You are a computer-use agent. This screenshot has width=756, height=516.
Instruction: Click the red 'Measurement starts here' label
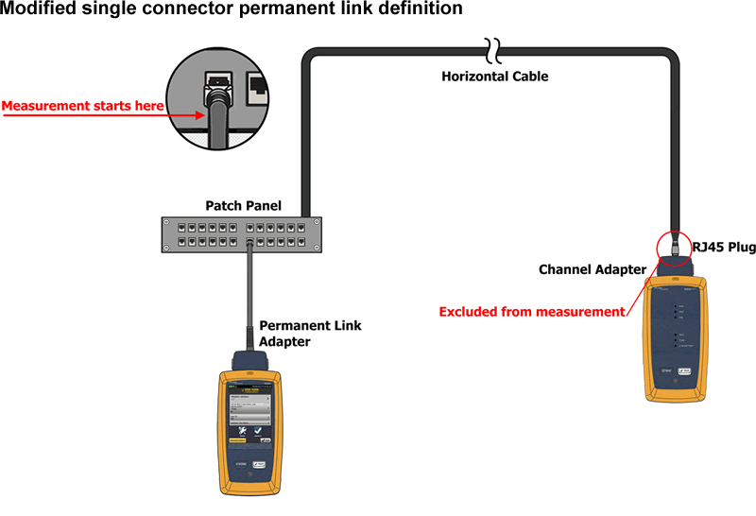[x=82, y=106]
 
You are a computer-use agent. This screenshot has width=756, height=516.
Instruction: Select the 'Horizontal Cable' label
[x=494, y=76]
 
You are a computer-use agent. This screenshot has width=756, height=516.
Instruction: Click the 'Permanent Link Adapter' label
[x=310, y=333]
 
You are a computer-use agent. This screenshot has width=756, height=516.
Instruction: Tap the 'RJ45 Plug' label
[x=724, y=247]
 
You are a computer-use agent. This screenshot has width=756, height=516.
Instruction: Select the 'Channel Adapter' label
[x=593, y=269]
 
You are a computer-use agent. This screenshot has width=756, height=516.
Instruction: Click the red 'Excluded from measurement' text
[x=533, y=311]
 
